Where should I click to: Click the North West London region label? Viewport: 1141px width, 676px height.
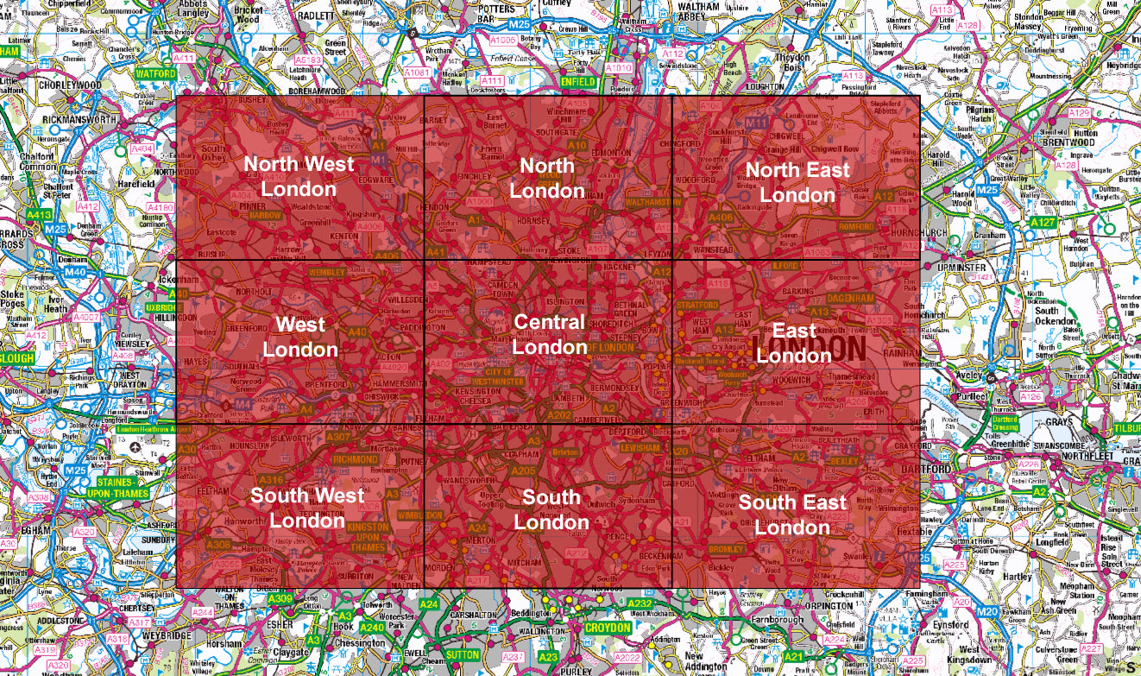299,176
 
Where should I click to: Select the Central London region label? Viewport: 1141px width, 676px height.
550,334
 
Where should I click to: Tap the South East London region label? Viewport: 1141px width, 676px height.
792,515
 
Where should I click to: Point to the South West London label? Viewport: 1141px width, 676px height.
307,508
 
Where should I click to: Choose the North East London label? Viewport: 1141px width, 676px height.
797,182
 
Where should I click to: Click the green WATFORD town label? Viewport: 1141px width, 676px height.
156,74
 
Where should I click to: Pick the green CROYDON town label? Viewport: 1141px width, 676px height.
608,628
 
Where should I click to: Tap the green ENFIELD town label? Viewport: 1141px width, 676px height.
577,82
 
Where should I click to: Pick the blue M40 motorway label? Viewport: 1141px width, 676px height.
52,272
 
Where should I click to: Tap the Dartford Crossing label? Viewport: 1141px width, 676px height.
1005,423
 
